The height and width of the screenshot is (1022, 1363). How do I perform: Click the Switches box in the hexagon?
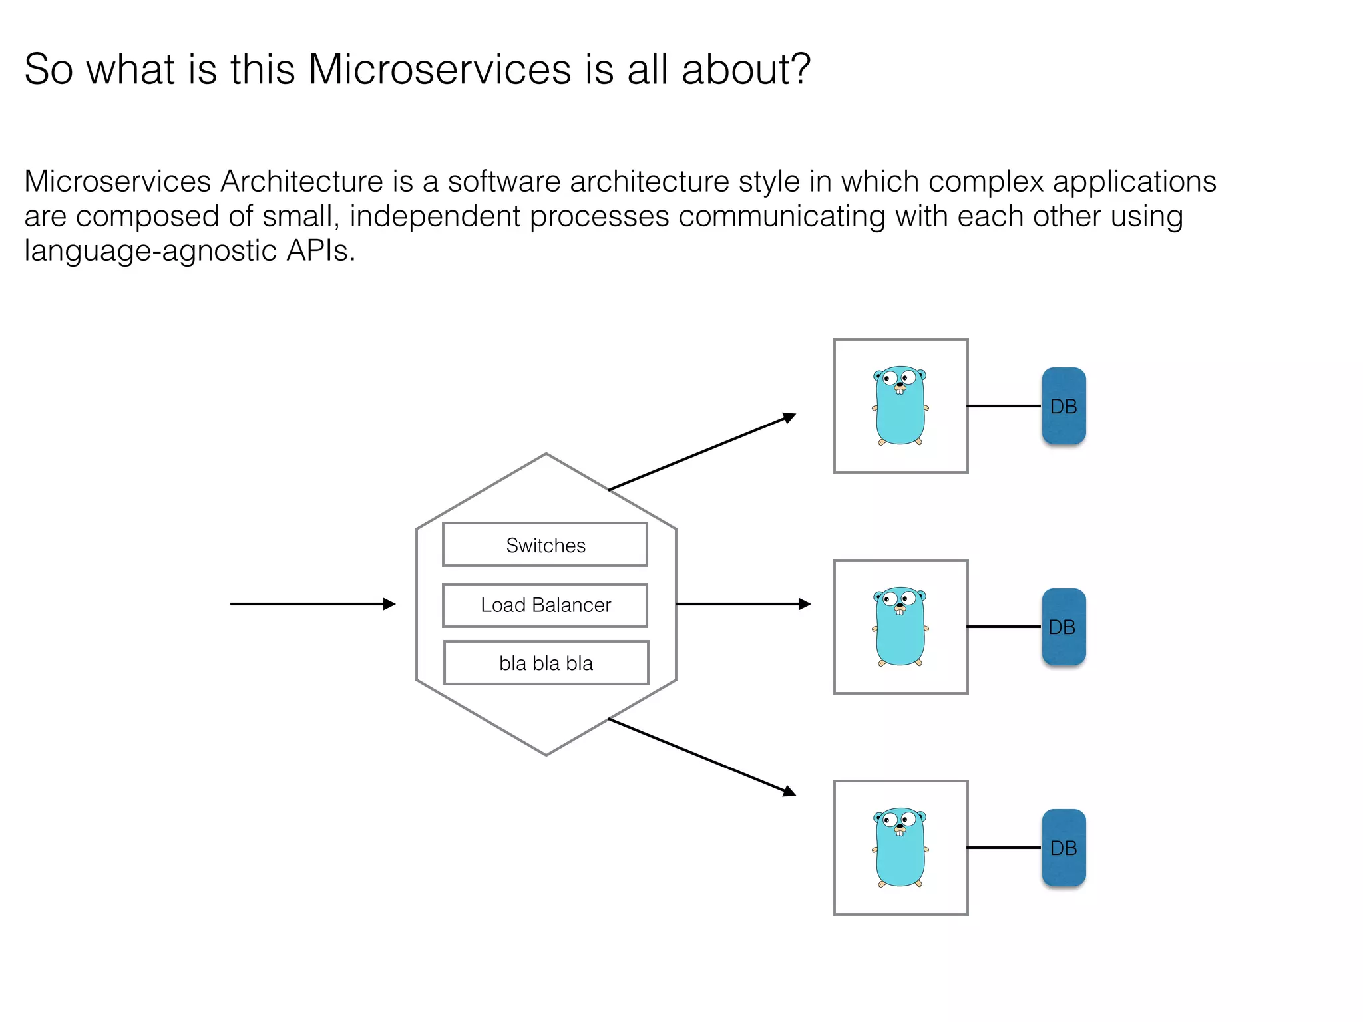tap(544, 544)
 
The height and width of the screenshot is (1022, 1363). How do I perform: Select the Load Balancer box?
tap(544, 605)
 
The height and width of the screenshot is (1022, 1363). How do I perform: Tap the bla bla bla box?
tap(546, 663)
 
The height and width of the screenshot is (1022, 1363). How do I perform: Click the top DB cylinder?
tap(1064, 406)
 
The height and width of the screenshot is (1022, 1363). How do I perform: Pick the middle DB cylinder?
tap(1064, 627)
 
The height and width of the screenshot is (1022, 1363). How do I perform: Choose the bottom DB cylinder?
tap(1064, 848)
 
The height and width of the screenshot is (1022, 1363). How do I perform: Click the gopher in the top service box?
tap(900, 405)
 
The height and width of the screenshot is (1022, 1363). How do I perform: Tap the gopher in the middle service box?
tap(900, 626)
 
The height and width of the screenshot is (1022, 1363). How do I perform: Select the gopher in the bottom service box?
tap(900, 847)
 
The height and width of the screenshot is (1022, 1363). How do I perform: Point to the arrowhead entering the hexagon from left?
tap(391, 604)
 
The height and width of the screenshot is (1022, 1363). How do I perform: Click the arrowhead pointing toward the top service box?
tap(790, 418)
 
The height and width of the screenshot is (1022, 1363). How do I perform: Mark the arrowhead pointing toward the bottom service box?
tap(790, 791)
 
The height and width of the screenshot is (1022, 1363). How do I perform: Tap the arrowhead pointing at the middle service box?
tap(805, 604)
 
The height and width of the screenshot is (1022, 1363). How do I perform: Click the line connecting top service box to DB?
tap(1004, 406)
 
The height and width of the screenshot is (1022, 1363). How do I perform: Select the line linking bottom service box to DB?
tap(1004, 848)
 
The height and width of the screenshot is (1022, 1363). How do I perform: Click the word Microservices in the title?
tap(439, 69)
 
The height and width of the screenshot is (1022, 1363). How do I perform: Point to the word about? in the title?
tap(746, 69)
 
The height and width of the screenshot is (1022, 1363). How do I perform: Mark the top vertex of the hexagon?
tap(546, 454)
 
